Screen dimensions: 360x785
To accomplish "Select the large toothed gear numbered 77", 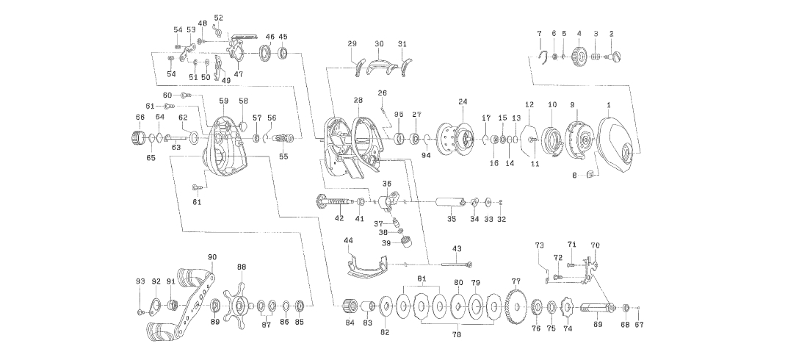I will pyautogui.click(x=516, y=303).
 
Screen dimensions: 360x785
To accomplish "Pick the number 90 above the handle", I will pyautogui.click(x=212, y=257).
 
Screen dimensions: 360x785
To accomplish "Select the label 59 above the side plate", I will pyautogui.click(x=223, y=101).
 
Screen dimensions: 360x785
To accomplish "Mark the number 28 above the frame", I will pyautogui.click(x=358, y=100).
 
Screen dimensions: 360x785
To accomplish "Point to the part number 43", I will pyautogui.click(x=457, y=249).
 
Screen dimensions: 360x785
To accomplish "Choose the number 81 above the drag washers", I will pyautogui.click(x=422, y=278).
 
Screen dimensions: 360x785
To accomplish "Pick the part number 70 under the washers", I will pyautogui.click(x=457, y=335).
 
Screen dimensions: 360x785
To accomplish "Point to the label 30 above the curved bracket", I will pyautogui.click(x=379, y=44).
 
